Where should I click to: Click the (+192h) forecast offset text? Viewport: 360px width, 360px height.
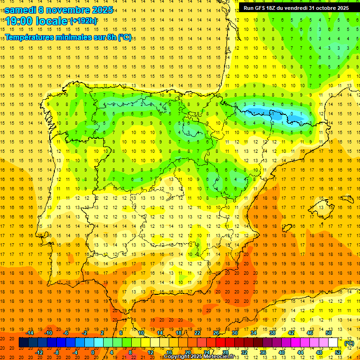[x=83, y=21]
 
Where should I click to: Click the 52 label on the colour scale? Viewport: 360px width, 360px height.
[x=338, y=352]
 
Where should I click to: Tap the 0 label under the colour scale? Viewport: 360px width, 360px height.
[x=93, y=352]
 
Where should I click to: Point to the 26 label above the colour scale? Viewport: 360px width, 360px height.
[x=216, y=333]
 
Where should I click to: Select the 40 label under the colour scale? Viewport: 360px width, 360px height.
[x=282, y=352]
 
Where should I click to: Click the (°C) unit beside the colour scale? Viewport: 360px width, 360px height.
[x=349, y=343]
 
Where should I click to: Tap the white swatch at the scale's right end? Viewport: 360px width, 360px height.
[x=333, y=343]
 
